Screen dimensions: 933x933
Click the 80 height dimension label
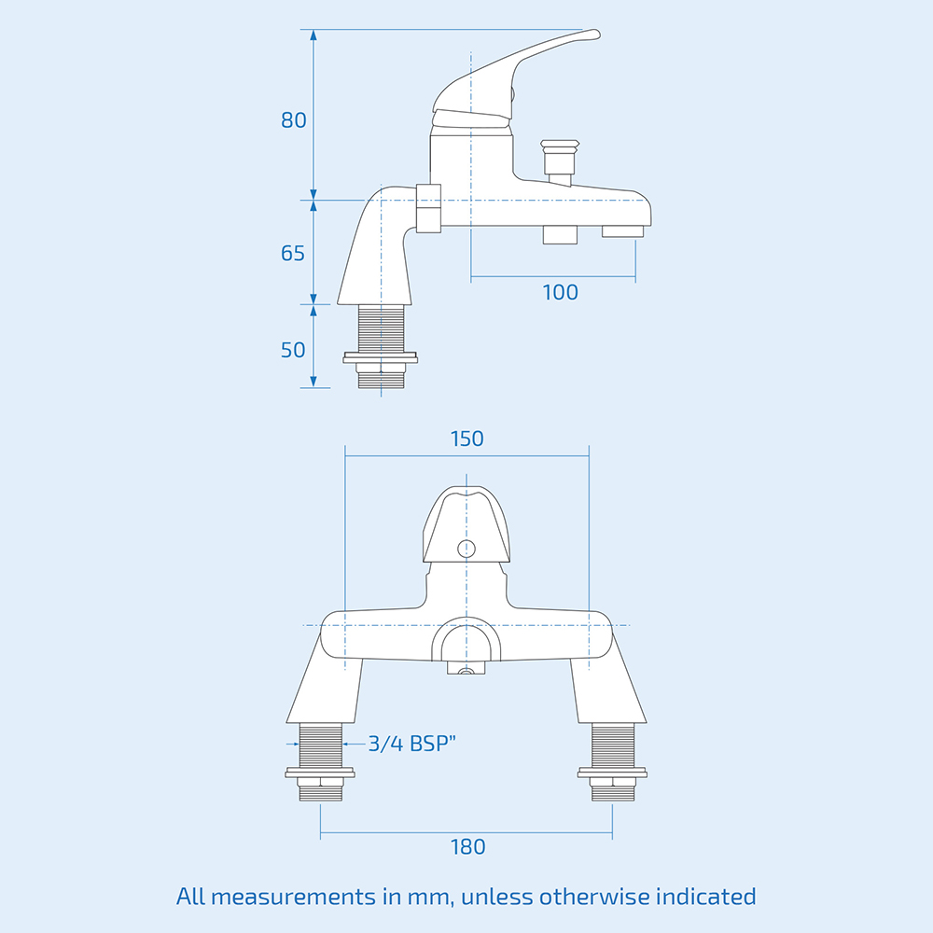click(294, 120)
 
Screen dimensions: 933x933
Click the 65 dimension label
click(293, 253)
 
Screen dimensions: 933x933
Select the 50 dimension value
click(293, 350)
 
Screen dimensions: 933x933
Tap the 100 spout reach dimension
click(560, 292)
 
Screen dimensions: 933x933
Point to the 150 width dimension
click(466, 439)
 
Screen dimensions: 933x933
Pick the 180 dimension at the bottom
click(467, 847)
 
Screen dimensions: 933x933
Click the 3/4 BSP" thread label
click(411, 744)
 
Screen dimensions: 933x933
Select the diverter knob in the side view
click(560, 154)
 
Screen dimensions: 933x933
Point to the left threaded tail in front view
click(321, 745)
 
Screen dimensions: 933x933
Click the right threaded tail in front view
click(612, 745)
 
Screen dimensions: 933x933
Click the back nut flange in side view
click(381, 356)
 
